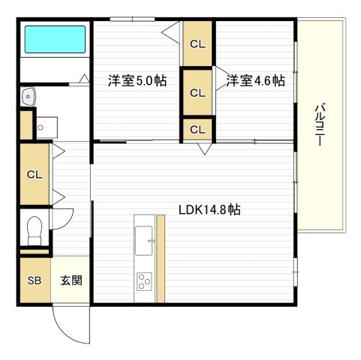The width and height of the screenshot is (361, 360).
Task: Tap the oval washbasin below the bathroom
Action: click(x=29, y=96)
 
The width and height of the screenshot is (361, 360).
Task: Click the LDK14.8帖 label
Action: click(x=209, y=210)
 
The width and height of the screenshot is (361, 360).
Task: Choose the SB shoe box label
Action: click(x=35, y=281)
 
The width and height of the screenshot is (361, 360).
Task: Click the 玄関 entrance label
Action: click(x=71, y=281)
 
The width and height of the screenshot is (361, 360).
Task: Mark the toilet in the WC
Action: click(x=34, y=230)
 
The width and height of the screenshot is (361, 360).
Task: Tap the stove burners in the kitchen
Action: click(x=143, y=283)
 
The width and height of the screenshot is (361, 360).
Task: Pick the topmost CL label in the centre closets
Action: click(x=197, y=43)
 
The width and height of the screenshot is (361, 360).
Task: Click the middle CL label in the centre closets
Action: click(x=197, y=93)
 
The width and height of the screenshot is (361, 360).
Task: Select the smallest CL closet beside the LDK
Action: click(x=197, y=129)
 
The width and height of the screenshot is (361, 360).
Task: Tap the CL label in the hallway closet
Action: click(x=35, y=174)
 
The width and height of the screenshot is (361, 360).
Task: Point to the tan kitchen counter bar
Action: click(x=160, y=259)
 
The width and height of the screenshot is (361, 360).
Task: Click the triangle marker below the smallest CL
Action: click(x=203, y=149)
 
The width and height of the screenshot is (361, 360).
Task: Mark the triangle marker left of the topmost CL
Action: click(x=171, y=32)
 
